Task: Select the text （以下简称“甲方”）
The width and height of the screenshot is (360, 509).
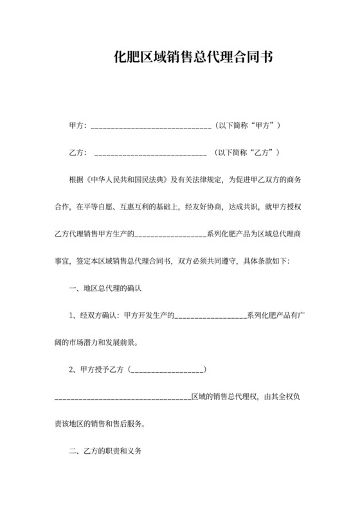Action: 248,125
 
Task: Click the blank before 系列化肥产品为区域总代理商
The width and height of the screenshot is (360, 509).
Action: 170,235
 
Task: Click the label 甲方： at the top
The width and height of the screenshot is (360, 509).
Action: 78,125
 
